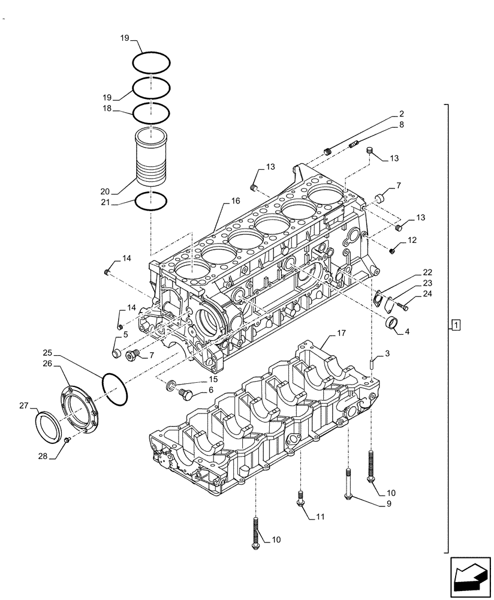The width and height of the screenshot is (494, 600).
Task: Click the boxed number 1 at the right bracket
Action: [456, 326]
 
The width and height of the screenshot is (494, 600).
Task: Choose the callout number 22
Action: [427, 272]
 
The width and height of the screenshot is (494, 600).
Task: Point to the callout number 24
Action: [427, 294]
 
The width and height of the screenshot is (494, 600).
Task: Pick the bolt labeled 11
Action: [299, 497]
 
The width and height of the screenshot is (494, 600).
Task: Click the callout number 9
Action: [388, 504]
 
